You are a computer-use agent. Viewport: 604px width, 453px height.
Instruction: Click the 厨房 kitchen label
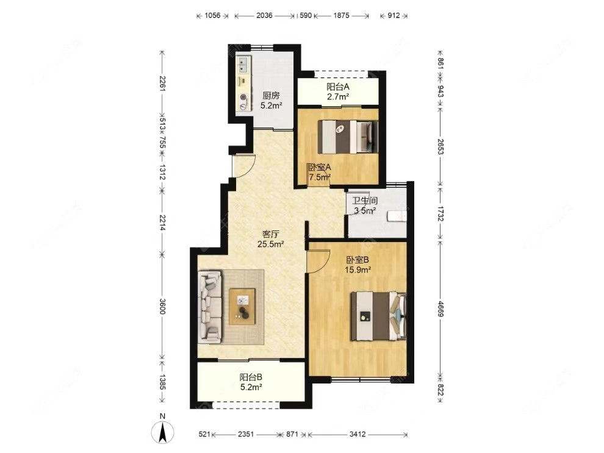click(271, 100)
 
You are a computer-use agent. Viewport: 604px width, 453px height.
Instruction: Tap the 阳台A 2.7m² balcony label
click(338, 91)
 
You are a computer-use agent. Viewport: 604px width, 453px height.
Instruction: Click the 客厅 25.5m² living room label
click(271, 238)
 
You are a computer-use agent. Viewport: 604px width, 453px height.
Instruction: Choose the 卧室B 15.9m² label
click(358, 265)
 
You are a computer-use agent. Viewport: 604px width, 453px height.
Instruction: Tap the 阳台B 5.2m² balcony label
click(251, 382)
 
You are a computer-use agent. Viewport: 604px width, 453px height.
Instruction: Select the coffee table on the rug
click(242, 306)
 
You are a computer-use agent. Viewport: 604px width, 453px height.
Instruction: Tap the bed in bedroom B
click(378, 316)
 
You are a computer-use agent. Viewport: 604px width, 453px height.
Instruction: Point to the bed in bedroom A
click(347, 137)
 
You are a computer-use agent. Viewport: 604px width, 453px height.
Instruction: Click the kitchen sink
click(243, 65)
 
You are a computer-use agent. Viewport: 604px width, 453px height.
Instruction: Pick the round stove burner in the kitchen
click(243, 98)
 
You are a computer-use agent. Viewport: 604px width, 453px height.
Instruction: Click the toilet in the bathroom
click(397, 216)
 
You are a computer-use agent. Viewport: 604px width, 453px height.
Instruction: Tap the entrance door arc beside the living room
click(244, 166)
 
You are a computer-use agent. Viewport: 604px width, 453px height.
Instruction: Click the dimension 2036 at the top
click(264, 15)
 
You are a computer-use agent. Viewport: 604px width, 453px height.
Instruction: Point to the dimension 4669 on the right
click(440, 309)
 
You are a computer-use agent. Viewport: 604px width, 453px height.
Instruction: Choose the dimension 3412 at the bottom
click(358, 434)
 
